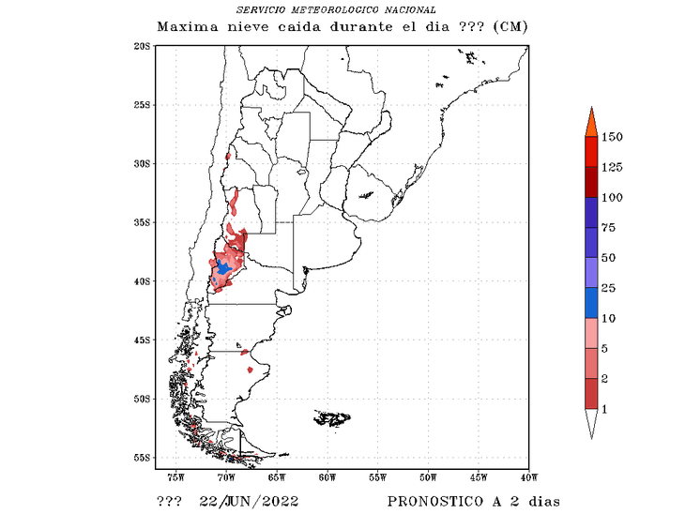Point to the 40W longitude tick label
[527, 478]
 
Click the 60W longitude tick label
[327, 478]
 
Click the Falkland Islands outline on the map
[332, 417]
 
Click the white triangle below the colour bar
[591, 424]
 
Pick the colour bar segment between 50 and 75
[591, 243]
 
